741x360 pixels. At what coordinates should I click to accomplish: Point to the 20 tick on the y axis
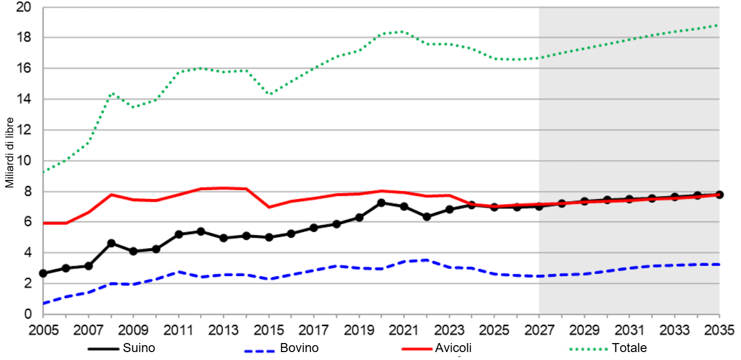(x=24, y=7)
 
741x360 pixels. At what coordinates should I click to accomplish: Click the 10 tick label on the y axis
(x=24, y=161)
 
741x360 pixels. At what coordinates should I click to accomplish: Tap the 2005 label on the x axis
(x=43, y=330)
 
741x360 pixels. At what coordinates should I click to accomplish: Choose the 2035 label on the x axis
(x=719, y=330)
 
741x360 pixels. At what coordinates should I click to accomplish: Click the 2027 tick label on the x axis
(x=539, y=330)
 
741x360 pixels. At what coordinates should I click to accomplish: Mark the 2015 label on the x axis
(x=269, y=330)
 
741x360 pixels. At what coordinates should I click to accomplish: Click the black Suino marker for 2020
(x=382, y=203)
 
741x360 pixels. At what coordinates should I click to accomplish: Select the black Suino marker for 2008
(x=111, y=244)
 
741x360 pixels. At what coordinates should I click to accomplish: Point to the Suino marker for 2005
(x=43, y=273)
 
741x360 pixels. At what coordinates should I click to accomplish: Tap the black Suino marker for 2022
(x=427, y=217)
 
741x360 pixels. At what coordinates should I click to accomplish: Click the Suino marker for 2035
(x=719, y=195)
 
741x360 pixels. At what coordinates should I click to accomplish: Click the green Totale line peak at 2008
(x=112, y=94)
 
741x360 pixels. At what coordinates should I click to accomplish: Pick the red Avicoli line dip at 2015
(x=269, y=207)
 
